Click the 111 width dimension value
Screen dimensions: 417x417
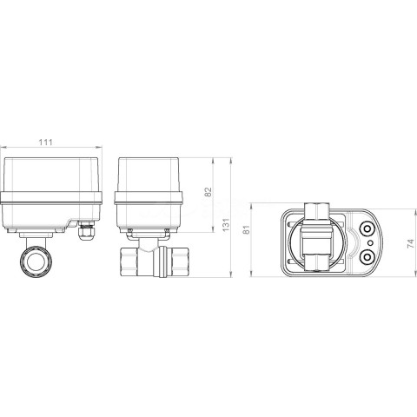click(x=46, y=142)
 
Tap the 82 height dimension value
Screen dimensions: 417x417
click(x=208, y=192)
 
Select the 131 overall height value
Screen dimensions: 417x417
click(x=226, y=224)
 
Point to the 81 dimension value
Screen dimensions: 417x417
click(x=246, y=229)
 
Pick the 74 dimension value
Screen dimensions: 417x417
click(x=410, y=244)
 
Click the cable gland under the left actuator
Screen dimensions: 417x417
click(x=86, y=230)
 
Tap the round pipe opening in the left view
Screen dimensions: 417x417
click(x=36, y=261)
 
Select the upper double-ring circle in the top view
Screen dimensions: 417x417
click(x=367, y=229)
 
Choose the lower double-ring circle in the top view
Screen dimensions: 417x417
click(x=367, y=256)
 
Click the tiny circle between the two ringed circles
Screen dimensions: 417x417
click(x=370, y=242)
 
